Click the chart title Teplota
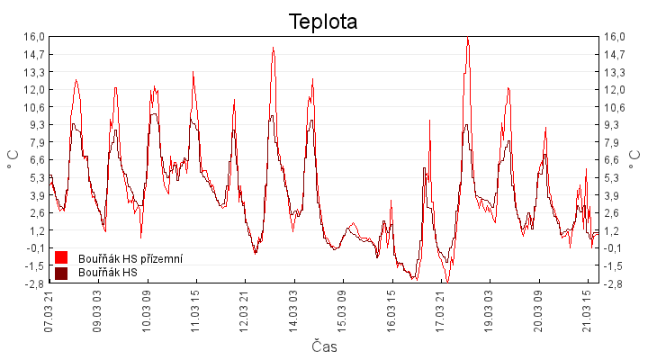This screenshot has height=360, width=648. pyautogui.click(x=323, y=22)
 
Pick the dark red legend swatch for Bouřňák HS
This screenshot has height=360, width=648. pyautogui.click(x=62, y=273)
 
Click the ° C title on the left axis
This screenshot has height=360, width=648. pyautogui.click(x=13, y=160)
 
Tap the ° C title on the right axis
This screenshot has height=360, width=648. pyautogui.click(x=635, y=160)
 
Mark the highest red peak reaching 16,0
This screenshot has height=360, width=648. pyautogui.click(x=468, y=38)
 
